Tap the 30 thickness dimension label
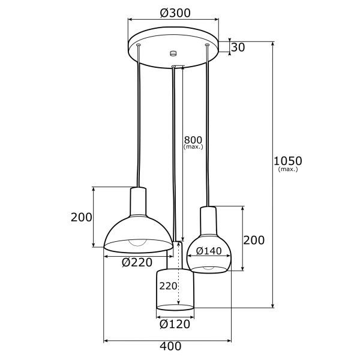[238, 47]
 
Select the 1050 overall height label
[287, 161]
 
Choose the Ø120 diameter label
[175, 324]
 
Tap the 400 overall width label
[171, 346]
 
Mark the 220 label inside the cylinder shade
[168, 286]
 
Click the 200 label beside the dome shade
[81, 217]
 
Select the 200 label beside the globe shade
[254, 240]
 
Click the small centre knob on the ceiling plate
[173, 53]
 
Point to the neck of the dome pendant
[139, 201]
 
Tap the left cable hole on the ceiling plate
[139, 45]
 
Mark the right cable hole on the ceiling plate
[208, 45]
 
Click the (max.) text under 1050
[288, 170]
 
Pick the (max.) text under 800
[193, 146]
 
